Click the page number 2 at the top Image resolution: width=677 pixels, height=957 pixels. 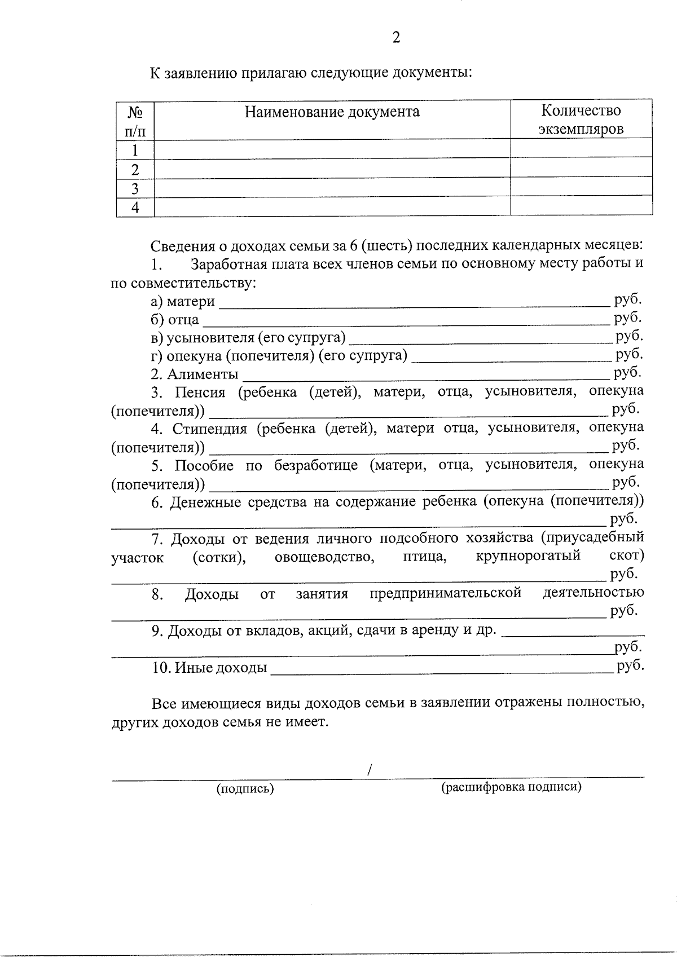(x=396, y=37)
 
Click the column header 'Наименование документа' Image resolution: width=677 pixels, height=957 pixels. (x=332, y=112)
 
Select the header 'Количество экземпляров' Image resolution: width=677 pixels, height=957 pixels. (x=581, y=120)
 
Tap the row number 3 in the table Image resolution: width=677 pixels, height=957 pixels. (x=135, y=188)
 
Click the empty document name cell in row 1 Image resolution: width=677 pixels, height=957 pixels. (x=332, y=150)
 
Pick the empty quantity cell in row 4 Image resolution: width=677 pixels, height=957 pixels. (x=581, y=207)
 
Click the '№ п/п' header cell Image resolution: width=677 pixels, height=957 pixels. (x=135, y=121)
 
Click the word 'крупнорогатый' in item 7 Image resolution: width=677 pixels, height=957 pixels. (x=528, y=556)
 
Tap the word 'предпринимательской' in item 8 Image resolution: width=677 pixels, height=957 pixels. (x=446, y=593)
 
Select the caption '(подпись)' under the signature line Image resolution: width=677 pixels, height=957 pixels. (x=245, y=789)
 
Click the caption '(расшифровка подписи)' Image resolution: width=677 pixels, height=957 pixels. (x=511, y=787)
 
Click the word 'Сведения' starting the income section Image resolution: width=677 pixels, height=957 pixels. (x=180, y=246)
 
